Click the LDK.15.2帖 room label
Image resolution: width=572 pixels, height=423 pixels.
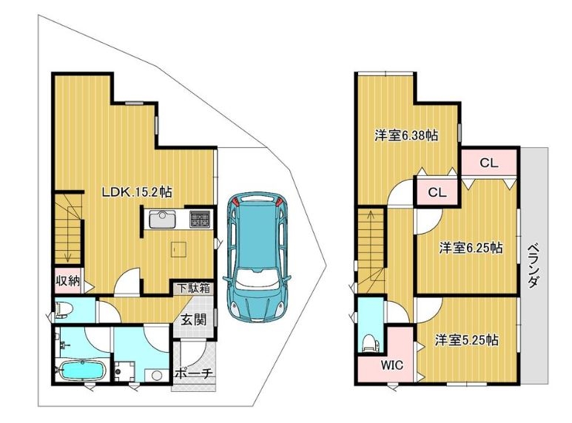point(136,192)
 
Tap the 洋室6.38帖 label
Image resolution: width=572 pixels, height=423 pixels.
point(406,135)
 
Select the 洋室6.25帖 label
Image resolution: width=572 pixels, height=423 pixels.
point(471,248)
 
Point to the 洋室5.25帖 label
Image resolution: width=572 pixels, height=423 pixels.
point(467,340)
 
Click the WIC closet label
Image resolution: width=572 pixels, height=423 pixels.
point(392,365)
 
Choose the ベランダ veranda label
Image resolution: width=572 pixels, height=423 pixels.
point(534,265)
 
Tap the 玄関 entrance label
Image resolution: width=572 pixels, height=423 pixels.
point(194,319)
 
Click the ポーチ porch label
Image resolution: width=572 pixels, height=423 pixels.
point(193,373)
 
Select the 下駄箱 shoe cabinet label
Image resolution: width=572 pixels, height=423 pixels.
point(194,288)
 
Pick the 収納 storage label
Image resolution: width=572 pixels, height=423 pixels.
point(67,281)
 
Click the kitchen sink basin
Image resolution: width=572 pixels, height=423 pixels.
point(162,220)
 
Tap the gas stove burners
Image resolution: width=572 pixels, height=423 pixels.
point(200,219)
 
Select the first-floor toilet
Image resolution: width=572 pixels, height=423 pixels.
point(64,311)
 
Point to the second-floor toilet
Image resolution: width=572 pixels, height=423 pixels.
point(371,343)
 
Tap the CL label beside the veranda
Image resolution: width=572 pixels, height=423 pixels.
point(489,163)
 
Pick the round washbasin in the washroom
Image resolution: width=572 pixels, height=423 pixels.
point(156,375)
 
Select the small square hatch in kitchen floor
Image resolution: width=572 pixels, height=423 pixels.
point(179,249)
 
